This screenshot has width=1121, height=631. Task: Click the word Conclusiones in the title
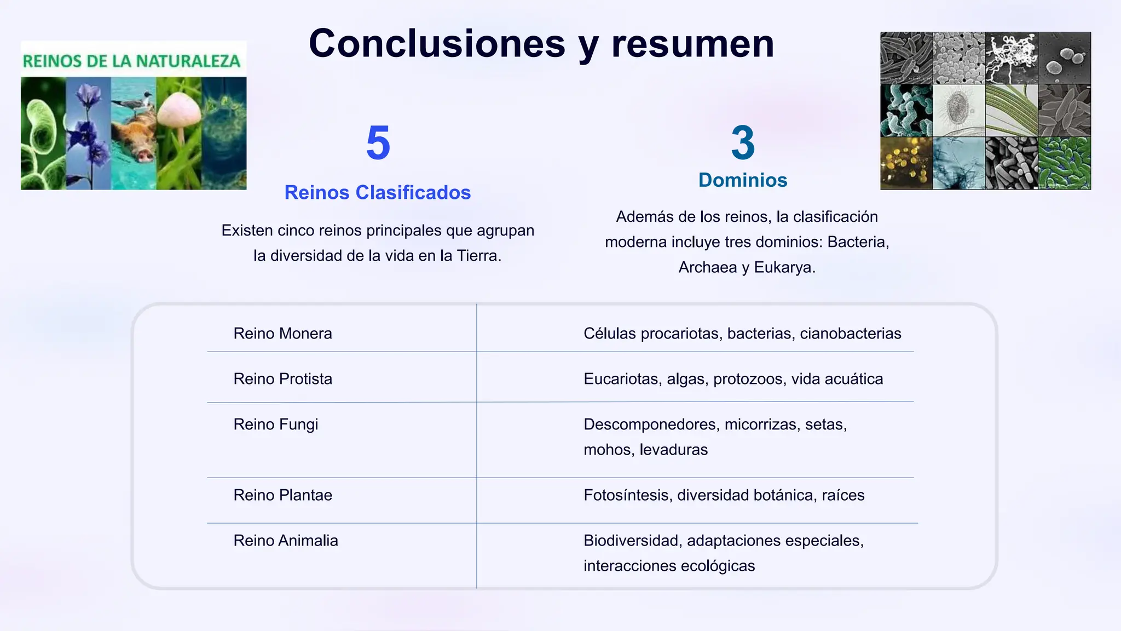pos(437,44)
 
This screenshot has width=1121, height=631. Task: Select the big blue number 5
pos(378,143)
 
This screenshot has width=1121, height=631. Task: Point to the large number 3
pos(743,143)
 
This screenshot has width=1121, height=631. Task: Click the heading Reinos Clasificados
pos(378,193)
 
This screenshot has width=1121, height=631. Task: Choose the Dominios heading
pos(743,180)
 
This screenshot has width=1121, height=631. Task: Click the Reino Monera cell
pos(282,334)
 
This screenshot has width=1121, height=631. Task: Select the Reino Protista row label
pos(282,379)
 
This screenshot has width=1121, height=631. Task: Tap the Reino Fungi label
pos(275,425)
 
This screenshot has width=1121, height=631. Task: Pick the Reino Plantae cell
pos(282,495)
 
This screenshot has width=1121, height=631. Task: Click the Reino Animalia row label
pos(286,541)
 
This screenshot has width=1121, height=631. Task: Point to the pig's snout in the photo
pos(144,156)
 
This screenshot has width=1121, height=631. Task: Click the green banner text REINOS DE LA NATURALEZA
pos(131,61)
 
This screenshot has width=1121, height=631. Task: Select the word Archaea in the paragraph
pos(707,267)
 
